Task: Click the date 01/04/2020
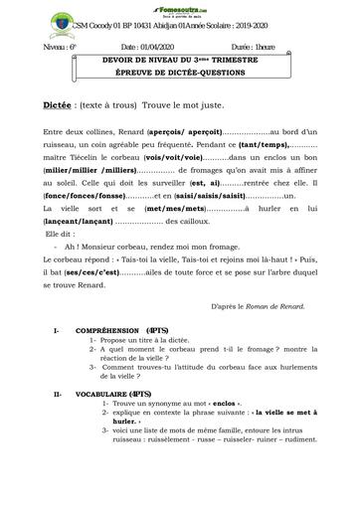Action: [x=159, y=47]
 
